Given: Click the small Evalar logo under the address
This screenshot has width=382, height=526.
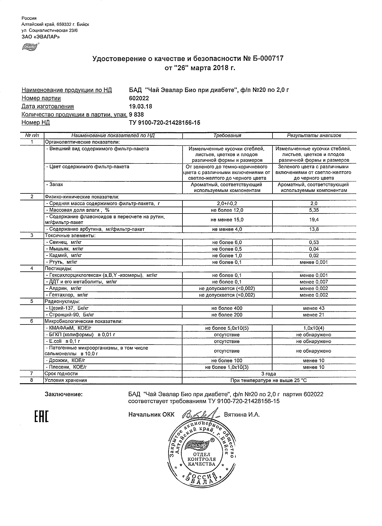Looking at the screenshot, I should coord(30,46).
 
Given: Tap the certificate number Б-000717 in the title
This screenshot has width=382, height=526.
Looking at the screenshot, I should coord(267,58).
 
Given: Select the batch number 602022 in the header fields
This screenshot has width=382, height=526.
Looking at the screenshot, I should coord(139,98).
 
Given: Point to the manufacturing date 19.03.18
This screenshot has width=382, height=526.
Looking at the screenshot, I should coord(140,106).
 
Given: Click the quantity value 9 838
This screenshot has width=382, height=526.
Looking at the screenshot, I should coord(136,115).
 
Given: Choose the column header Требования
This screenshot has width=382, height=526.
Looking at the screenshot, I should coord(227,136).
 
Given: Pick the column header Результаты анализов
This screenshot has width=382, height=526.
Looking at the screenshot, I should coord(314,136).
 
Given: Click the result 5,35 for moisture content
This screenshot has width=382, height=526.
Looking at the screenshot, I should coord(314,210).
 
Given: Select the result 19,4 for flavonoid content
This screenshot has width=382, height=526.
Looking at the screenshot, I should coord(314,220).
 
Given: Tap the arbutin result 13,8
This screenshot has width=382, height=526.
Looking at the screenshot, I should coord(314,229).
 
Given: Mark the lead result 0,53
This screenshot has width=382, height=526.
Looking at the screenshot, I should coord(314,242).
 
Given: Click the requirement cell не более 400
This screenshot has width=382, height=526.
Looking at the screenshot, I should coord(227,308).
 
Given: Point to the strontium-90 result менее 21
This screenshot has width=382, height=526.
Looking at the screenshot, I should coord(314,315).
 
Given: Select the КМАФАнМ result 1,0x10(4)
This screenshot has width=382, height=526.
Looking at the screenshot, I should coord(314,328).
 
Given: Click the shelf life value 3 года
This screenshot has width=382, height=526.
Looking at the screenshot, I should coord(269,374).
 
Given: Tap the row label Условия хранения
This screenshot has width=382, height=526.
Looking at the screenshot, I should coord(66,380).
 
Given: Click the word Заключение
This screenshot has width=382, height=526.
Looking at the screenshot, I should coord(64,394).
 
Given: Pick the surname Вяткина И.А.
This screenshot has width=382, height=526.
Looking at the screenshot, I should coord(242,415).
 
